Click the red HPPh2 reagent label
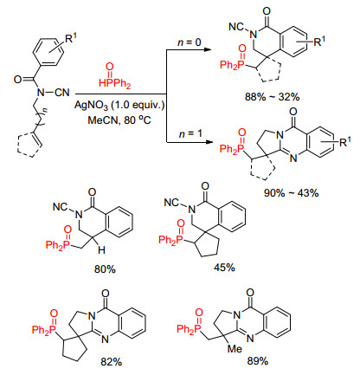pyautogui.click(x=114, y=83)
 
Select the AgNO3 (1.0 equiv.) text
pyautogui.click(x=119, y=105)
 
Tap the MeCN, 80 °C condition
pyautogui.click(x=119, y=120)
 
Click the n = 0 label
pyautogui.click(x=190, y=42)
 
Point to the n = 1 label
pyautogui.click(x=190, y=134)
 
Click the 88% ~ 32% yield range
pyautogui.click(x=272, y=97)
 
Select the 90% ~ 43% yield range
pyautogui.click(x=291, y=192)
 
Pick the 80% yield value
pyautogui.click(x=105, y=269)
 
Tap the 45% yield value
pyautogui.click(x=224, y=268)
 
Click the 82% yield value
pyautogui.click(x=112, y=361)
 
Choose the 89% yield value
pyautogui.click(x=258, y=361)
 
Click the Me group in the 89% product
pyautogui.click(x=235, y=349)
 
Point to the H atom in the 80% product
pyautogui.click(x=101, y=250)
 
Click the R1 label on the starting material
pyautogui.click(x=72, y=38)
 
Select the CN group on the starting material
pyautogui.click(x=62, y=93)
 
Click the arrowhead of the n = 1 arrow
pyautogui.click(x=209, y=142)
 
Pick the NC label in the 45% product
pyautogui.click(x=171, y=202)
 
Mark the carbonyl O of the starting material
pyautogui.click(x=17, y=79)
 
